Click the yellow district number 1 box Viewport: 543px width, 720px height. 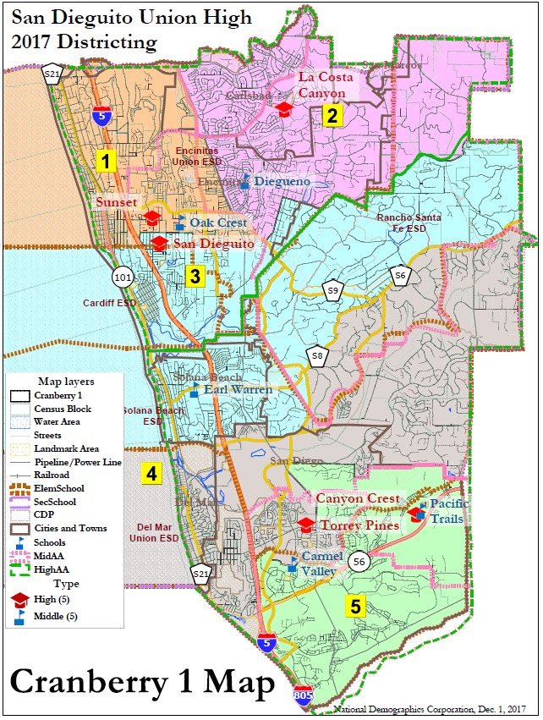click(105, 162)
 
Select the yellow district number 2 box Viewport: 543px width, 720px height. click(333, 116)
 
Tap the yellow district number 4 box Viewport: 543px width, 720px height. click(151, 475)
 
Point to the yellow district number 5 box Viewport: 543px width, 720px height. click(355, 606)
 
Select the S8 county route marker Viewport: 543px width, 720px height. click(316, 356)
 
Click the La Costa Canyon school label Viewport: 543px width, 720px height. click(321, 85)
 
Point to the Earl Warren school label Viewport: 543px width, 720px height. click(239, 390)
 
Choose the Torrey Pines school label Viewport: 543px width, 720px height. click(359, 525)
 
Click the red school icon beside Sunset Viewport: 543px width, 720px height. click(152, 217)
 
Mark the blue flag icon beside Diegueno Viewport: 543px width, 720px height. click(244, 180)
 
